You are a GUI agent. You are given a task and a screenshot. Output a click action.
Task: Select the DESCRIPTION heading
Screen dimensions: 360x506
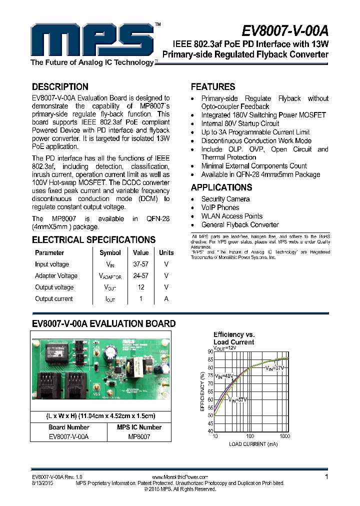tap(60, 86)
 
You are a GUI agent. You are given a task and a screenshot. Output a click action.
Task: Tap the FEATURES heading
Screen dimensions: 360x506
tap(213, 86)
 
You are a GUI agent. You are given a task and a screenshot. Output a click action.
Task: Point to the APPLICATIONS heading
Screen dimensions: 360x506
tap(221, 187)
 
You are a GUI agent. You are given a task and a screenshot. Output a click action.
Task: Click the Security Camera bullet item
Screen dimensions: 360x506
tap(225, 199)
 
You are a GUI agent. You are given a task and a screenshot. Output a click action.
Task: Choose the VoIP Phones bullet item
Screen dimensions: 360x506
tap(220, 207)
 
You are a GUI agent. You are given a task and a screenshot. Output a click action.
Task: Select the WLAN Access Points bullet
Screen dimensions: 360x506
tap(231, 216)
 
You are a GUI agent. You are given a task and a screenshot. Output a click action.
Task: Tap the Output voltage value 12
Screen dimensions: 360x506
tap(141, 287)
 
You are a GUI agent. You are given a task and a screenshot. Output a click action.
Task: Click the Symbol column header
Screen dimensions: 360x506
tap(110, 253)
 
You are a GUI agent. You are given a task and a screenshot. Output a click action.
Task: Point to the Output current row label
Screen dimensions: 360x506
tap(53, 299)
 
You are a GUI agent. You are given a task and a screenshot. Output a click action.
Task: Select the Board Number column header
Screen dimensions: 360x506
tap(69, 427)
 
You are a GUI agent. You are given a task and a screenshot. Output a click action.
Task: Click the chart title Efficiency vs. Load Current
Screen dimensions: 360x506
tap(233, 338)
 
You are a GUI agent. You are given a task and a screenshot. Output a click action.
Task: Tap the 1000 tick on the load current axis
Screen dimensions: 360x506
tap(285, 436)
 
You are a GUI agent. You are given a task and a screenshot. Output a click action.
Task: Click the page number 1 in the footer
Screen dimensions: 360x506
tap(326, 477)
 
